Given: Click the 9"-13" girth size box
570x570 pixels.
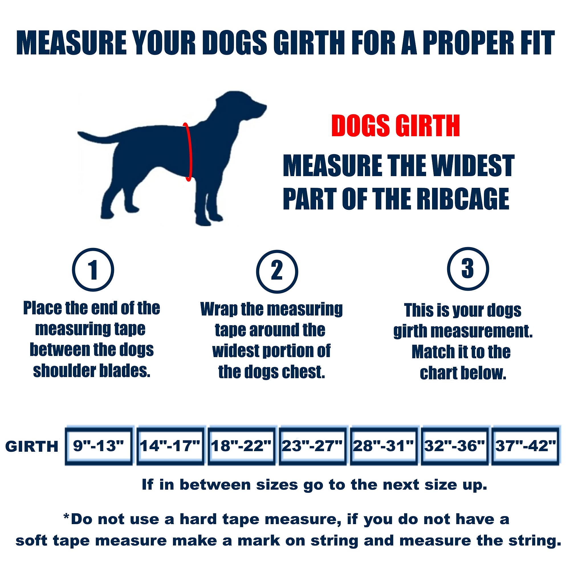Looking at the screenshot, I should pos(99,446).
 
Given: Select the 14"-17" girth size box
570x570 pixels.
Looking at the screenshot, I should pos(170,446).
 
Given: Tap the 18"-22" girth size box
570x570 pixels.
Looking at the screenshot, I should pos(241,446).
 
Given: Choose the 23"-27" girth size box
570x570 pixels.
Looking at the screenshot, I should pos(312,446).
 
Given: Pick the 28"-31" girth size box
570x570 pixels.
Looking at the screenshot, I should pos(384,446).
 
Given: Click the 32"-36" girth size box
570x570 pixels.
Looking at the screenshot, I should pos(455,446).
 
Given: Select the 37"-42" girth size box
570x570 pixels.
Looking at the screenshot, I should pos(526,446).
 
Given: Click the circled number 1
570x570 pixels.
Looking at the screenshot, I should pos(93,270).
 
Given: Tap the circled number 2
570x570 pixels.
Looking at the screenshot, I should pos(277,271).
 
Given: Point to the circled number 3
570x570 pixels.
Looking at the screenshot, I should pos(468,269).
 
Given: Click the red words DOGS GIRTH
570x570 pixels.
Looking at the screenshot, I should pos(395,126).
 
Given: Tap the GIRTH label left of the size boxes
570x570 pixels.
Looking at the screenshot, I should pos(32,446).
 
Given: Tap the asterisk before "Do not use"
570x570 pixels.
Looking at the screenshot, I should pos(66,517).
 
